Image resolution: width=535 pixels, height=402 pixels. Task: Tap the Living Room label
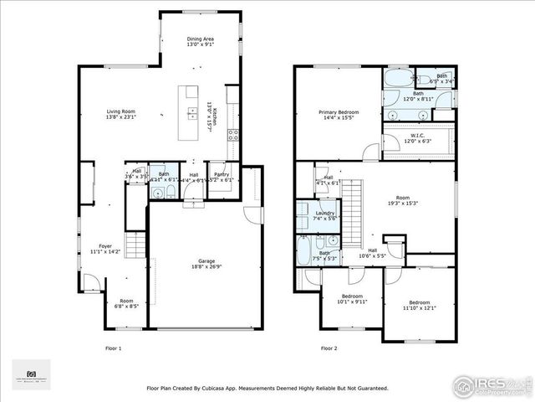[x=120, y=113]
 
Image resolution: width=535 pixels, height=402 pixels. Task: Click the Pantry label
[x=221, y=177]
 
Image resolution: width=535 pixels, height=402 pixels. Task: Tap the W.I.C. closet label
[x=419, y=138]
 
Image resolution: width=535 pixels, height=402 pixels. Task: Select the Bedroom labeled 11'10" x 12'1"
[x=419, y=305]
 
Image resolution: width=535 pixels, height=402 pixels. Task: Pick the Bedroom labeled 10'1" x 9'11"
[x=351, y=299]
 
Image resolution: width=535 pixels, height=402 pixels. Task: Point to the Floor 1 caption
[x=113, y=348]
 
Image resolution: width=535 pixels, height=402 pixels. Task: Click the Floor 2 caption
[x=329, y=348]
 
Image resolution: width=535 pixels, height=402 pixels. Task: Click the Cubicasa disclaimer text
[x=267, y=389]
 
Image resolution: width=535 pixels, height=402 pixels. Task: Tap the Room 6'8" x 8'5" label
[x=126, y=303]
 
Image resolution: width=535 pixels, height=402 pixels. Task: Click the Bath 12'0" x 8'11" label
[x=418, y=97]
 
